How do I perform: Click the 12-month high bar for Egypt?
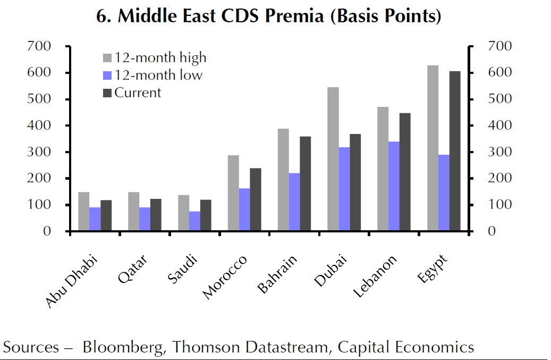(433, 148)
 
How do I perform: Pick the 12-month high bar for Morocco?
(233, 193)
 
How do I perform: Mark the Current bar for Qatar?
(155, 215)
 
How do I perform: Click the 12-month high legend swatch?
(107, 57)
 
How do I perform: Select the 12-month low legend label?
(158, 75)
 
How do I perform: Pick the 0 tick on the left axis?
(47, 231)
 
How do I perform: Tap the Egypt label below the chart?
(434, 269)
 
